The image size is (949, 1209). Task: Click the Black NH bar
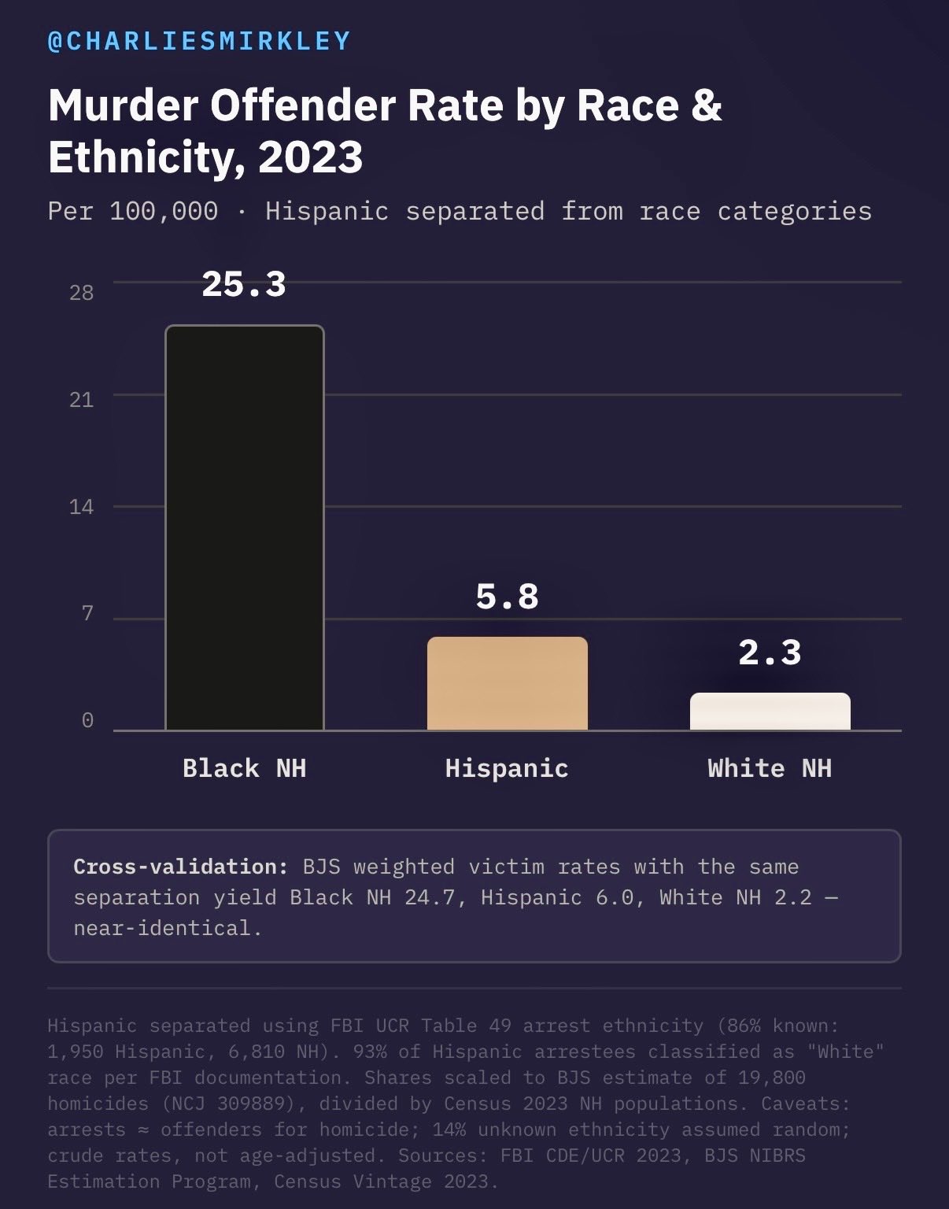245,527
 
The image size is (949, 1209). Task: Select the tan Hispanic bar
507,683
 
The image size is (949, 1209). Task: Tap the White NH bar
770,712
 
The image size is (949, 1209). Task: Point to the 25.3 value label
244,284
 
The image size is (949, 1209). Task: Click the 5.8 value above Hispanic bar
507,597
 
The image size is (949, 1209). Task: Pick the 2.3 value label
770,653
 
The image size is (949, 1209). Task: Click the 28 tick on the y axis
81,293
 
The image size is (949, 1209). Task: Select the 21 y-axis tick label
81,400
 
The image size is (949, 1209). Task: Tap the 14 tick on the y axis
81,507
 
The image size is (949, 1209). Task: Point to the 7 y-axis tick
87,613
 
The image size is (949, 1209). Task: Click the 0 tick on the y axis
87,720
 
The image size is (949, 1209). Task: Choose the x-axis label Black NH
244,768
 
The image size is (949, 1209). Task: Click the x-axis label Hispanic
507,768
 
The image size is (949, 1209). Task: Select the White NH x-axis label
770,768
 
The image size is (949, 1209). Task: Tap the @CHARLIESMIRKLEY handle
199,41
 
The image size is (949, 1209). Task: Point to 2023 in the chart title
310,157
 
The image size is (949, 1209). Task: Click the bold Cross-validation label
181,867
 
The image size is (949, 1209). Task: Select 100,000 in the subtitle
164,211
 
